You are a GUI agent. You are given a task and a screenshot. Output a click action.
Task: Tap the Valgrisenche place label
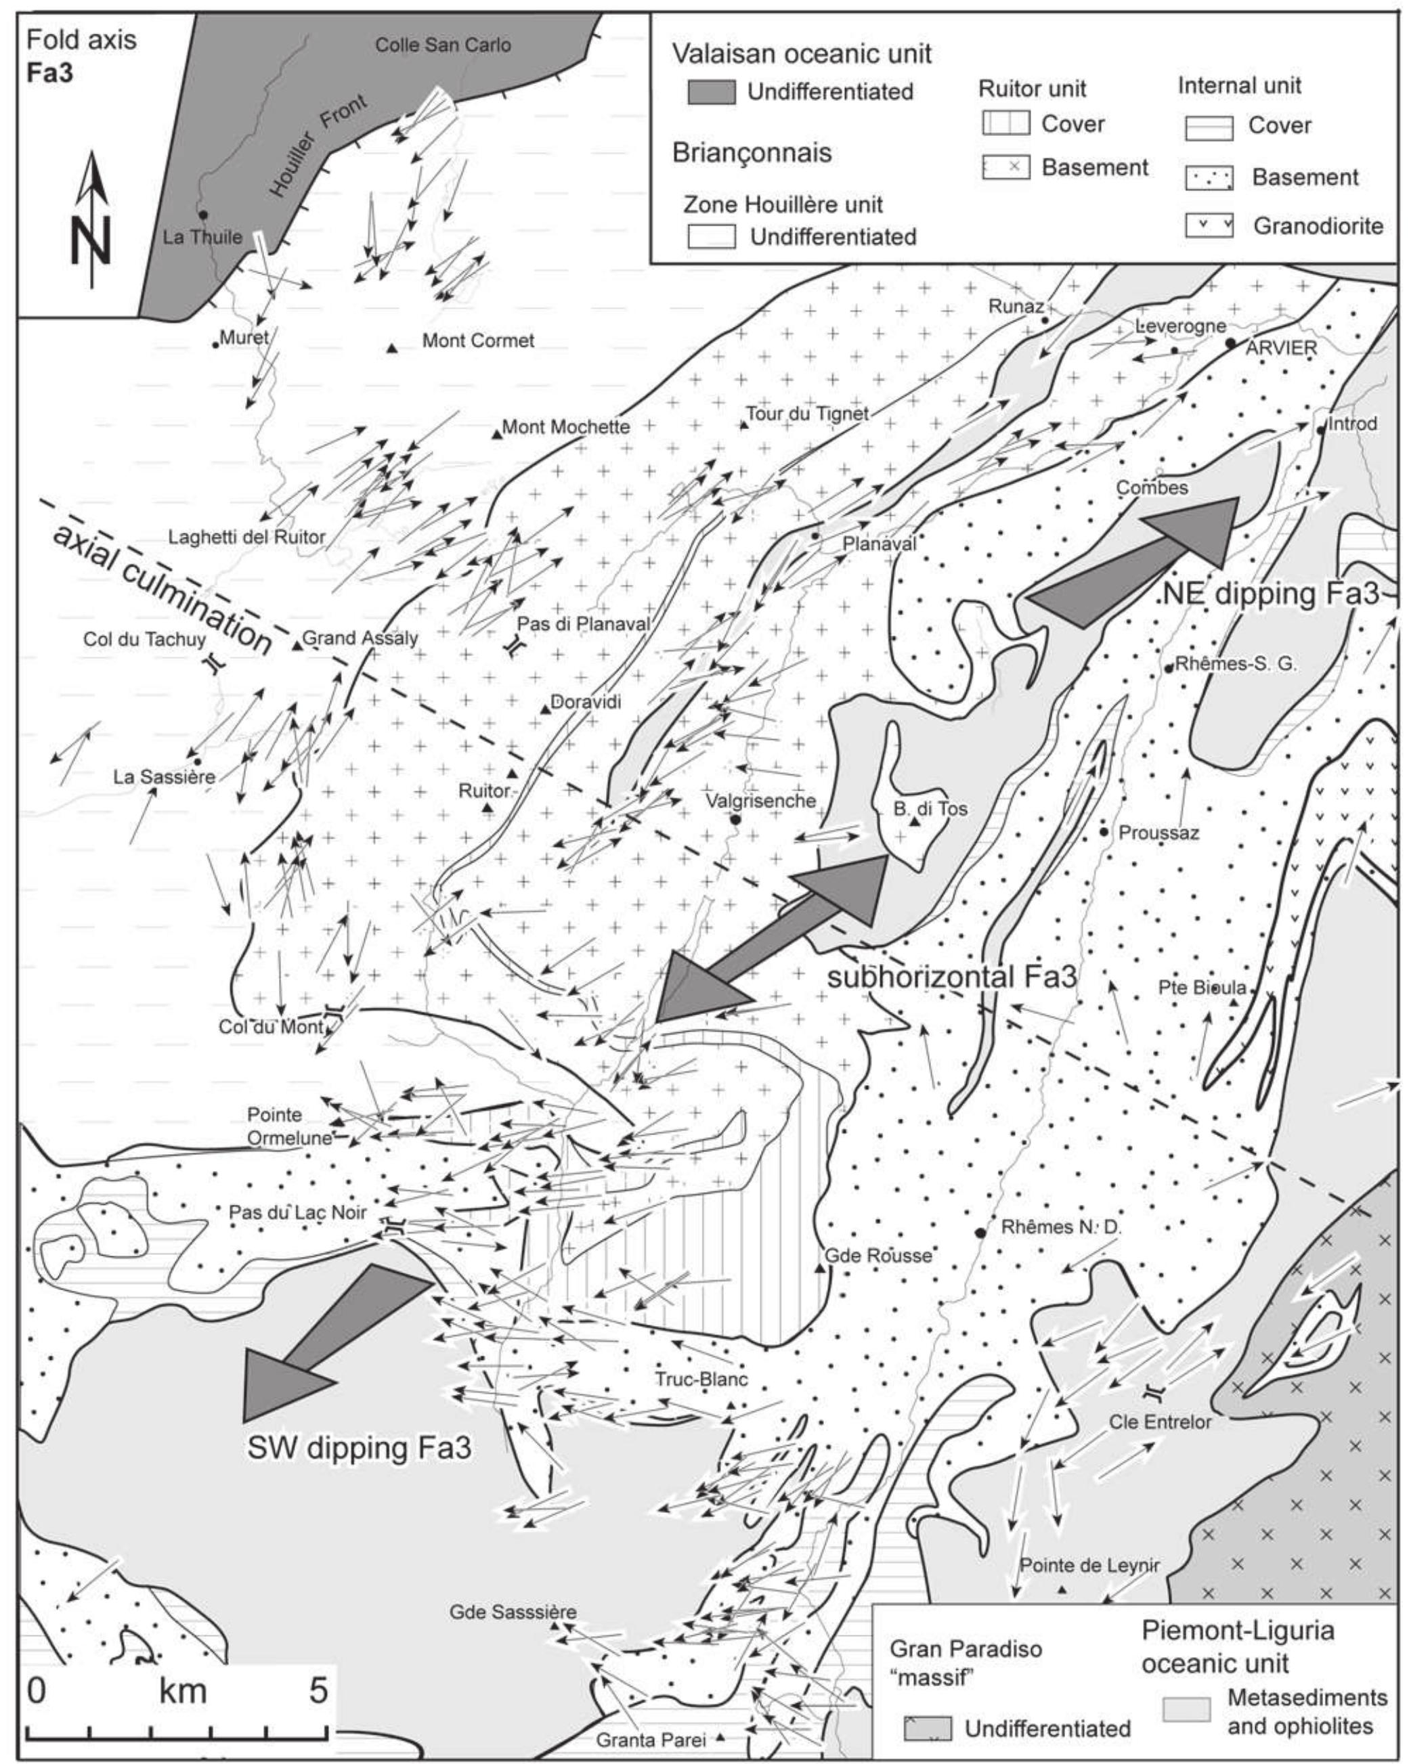pyautogui.click(x=761, y=801)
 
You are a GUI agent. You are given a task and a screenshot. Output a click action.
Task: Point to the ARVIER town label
pyautogui.click(x=1280, y=348)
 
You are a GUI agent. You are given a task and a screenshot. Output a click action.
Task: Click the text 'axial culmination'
pyautogui.click(x=162, y=589)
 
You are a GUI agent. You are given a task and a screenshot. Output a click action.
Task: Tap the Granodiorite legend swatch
pyautogui.click(x=1208, y=226)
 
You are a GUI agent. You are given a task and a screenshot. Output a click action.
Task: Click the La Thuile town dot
pyautogui.click(x=202, y=215)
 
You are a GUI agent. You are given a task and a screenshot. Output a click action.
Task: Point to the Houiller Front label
pyautogui.click(x=318, y=146)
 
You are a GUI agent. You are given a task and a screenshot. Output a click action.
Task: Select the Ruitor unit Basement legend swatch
pyautogui.click(x=1005, y=168)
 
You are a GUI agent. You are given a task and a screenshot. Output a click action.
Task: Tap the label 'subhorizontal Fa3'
pyautogui.click(x=951, y=976)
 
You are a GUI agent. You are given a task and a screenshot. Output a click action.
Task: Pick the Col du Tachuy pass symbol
pyautogui.click(x=215, y=663)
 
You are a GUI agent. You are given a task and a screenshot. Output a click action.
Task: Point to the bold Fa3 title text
pyautogui.click(x=50, y=74)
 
